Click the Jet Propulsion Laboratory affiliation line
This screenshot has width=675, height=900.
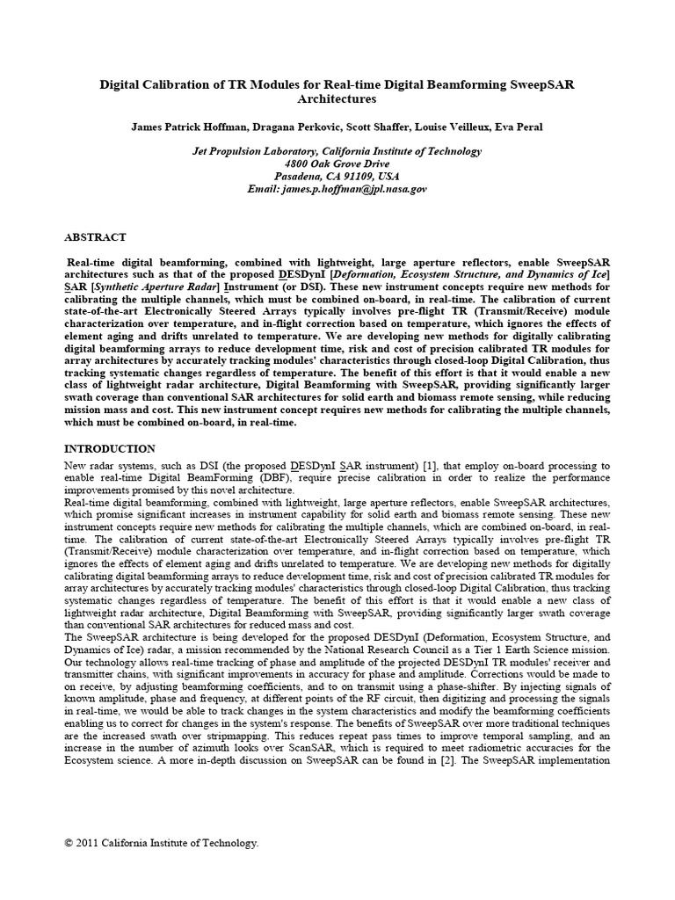337,151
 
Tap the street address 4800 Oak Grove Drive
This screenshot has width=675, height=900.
337,164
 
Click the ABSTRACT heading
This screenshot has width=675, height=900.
96,237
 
